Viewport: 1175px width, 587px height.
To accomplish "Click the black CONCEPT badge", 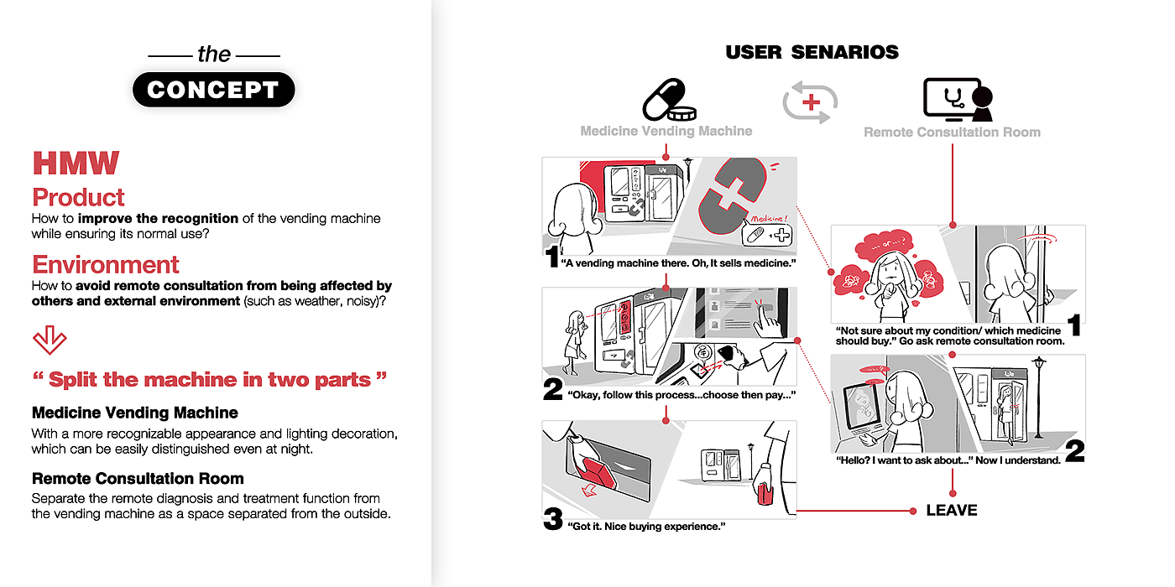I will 213,90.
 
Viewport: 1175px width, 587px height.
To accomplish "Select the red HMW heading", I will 76,164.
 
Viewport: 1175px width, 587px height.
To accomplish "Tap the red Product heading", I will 78,197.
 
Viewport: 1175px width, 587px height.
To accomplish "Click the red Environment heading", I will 106,265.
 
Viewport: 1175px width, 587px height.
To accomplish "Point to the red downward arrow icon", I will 49,339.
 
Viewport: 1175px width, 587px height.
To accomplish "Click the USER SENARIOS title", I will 812,52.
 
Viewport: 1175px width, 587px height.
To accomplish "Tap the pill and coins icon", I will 669,100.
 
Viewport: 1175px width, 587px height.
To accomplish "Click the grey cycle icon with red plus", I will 811,102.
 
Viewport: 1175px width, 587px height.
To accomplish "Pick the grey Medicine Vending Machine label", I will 666,131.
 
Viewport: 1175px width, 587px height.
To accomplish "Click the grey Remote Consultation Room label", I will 952,132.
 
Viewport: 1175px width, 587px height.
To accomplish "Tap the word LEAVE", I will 952,510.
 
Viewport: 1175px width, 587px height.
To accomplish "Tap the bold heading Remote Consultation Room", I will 138,479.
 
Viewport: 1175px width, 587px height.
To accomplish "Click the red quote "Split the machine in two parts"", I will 210,379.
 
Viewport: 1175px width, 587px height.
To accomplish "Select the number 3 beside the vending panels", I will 552,519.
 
